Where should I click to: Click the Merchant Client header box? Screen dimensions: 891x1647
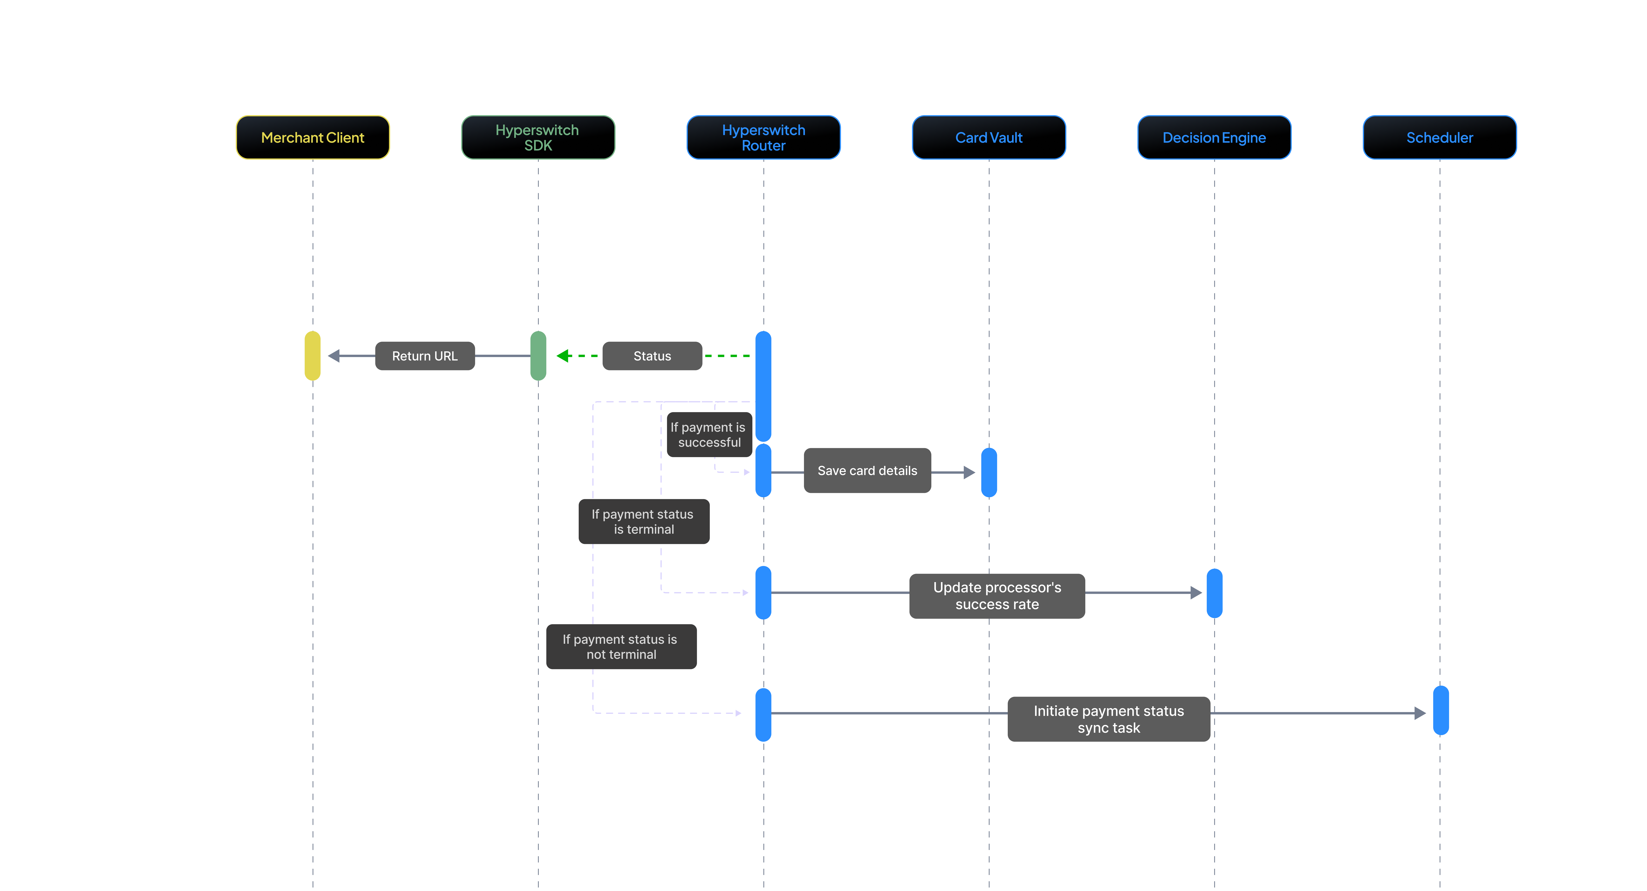click(313, 137)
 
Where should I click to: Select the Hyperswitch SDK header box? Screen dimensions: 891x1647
click(538, 137)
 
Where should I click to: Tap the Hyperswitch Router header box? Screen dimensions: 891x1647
click(763, 137)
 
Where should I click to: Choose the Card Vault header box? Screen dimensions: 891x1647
click(988, 137)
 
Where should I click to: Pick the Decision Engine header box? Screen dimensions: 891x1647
click(1214, 137)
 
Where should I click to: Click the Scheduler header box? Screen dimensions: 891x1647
click(1439, 137)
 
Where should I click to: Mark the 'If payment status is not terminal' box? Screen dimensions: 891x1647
click(621, 647)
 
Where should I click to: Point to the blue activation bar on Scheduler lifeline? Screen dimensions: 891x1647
click(1440, 711)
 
